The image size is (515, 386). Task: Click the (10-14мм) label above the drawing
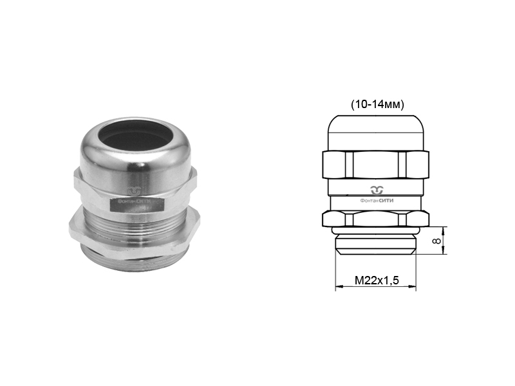tap(377, 104)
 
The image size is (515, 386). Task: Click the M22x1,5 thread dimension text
tap(377, 280)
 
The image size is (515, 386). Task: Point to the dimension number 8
tap(436, 241)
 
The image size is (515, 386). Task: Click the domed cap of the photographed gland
tap(136, 154)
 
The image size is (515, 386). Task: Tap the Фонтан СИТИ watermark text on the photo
tap(135, 201)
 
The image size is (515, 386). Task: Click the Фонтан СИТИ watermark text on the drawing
tap(377, 201)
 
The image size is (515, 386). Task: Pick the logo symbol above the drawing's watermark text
tap(377, 190)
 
